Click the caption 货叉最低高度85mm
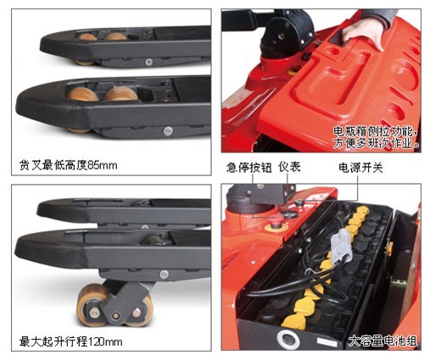tap(68, 165)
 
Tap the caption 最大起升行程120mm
tap(70, 341)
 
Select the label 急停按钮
tap(248, 168)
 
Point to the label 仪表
tap(289, 167)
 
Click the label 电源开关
tap(360, 168)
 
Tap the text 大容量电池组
tap(382, 341)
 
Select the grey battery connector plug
tap(341, 246)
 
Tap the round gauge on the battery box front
tap(288, 340)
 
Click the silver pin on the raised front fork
tap(164, 274)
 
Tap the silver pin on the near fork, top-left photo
tap(168, 130)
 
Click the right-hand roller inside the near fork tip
tap(121, 94)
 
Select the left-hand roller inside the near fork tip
tap(82, 94)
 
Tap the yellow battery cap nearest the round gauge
tap(295, 320)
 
